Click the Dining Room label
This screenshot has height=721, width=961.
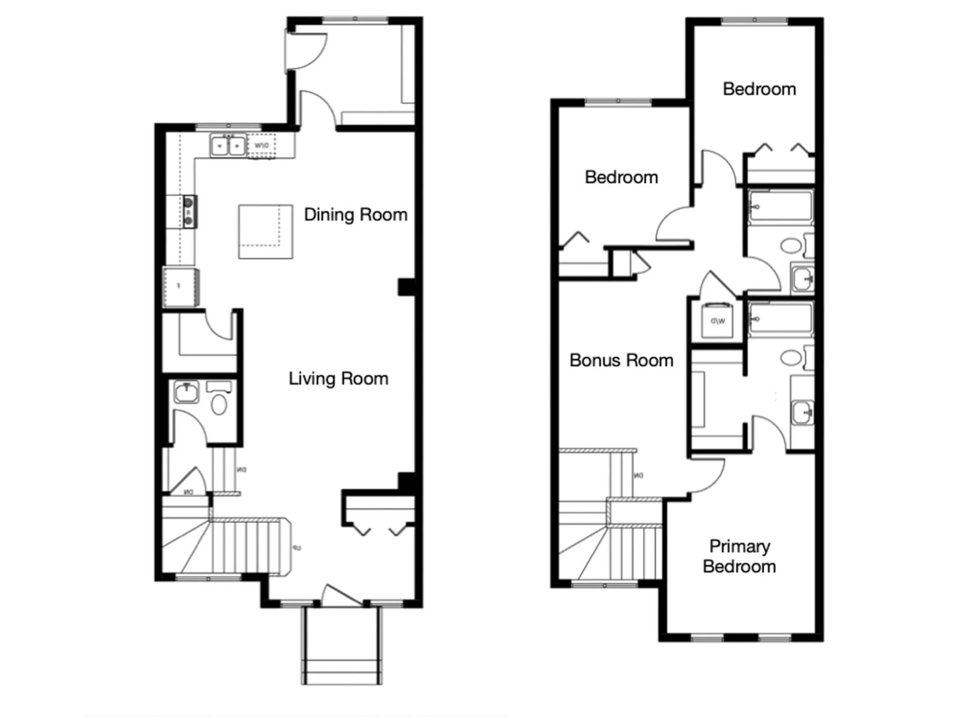[355, 215]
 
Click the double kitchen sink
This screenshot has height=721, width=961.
[228, 146]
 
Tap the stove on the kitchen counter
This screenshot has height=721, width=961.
[189, 212]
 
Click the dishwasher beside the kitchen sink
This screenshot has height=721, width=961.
[262, 146]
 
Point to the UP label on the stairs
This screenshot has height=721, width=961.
[297, 549]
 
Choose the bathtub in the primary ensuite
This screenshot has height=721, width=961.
[780, 320]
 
